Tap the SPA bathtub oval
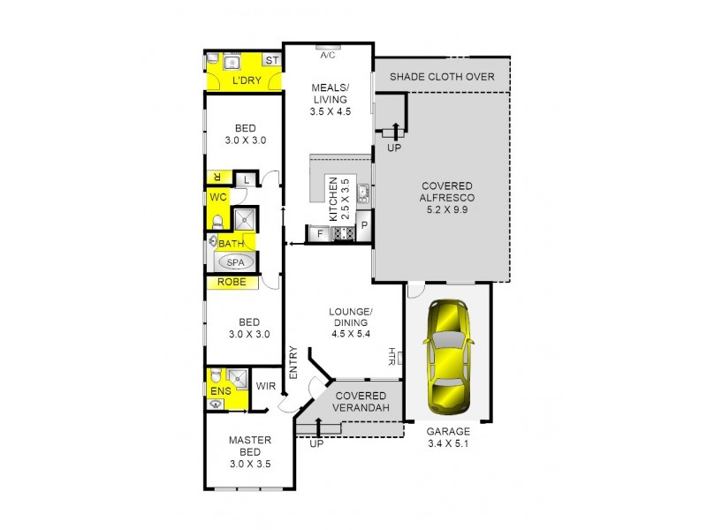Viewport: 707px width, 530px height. coord(234,262)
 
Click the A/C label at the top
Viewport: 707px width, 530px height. coord(328,56)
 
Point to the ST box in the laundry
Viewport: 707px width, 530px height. coord(272,60)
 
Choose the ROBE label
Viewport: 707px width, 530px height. coord(232,283)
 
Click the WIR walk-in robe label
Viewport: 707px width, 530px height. coord(266,386)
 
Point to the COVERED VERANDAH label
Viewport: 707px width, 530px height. coord(361,402)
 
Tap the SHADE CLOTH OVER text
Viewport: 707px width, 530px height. coord(442,76)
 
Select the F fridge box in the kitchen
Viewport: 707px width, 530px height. coord(318,234)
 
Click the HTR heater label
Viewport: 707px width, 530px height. coord(391,356)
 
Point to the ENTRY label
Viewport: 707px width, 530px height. coord(293,363)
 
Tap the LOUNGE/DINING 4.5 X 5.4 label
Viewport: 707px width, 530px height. coord(351,323)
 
